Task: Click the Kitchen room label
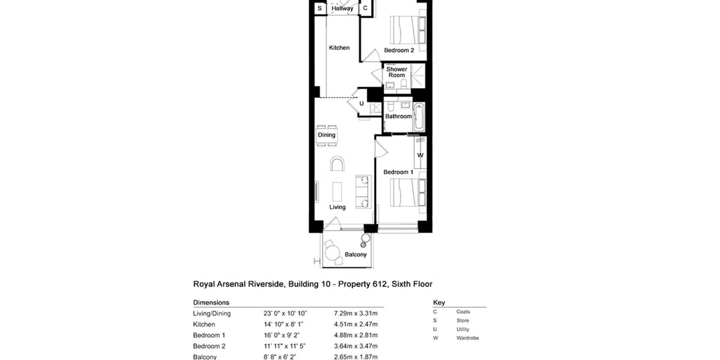point(339,48)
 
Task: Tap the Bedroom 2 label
point(399,50)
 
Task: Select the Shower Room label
point(396,72)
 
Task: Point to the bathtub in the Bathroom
point(419,117)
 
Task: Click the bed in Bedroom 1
point(408,193)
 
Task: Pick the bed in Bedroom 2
point(408,30)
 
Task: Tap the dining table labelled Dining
point(327,135)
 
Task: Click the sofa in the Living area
point(363,192)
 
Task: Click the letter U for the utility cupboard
point(362,103)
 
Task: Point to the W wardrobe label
point(420,155)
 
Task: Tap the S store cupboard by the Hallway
point(319,9)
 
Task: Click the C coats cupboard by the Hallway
point(365,8)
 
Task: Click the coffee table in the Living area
point(337,192)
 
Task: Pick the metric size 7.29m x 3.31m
point(356,313)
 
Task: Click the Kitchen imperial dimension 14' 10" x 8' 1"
point(283,324)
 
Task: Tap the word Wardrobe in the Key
point(468,338)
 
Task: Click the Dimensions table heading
point(211,302)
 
